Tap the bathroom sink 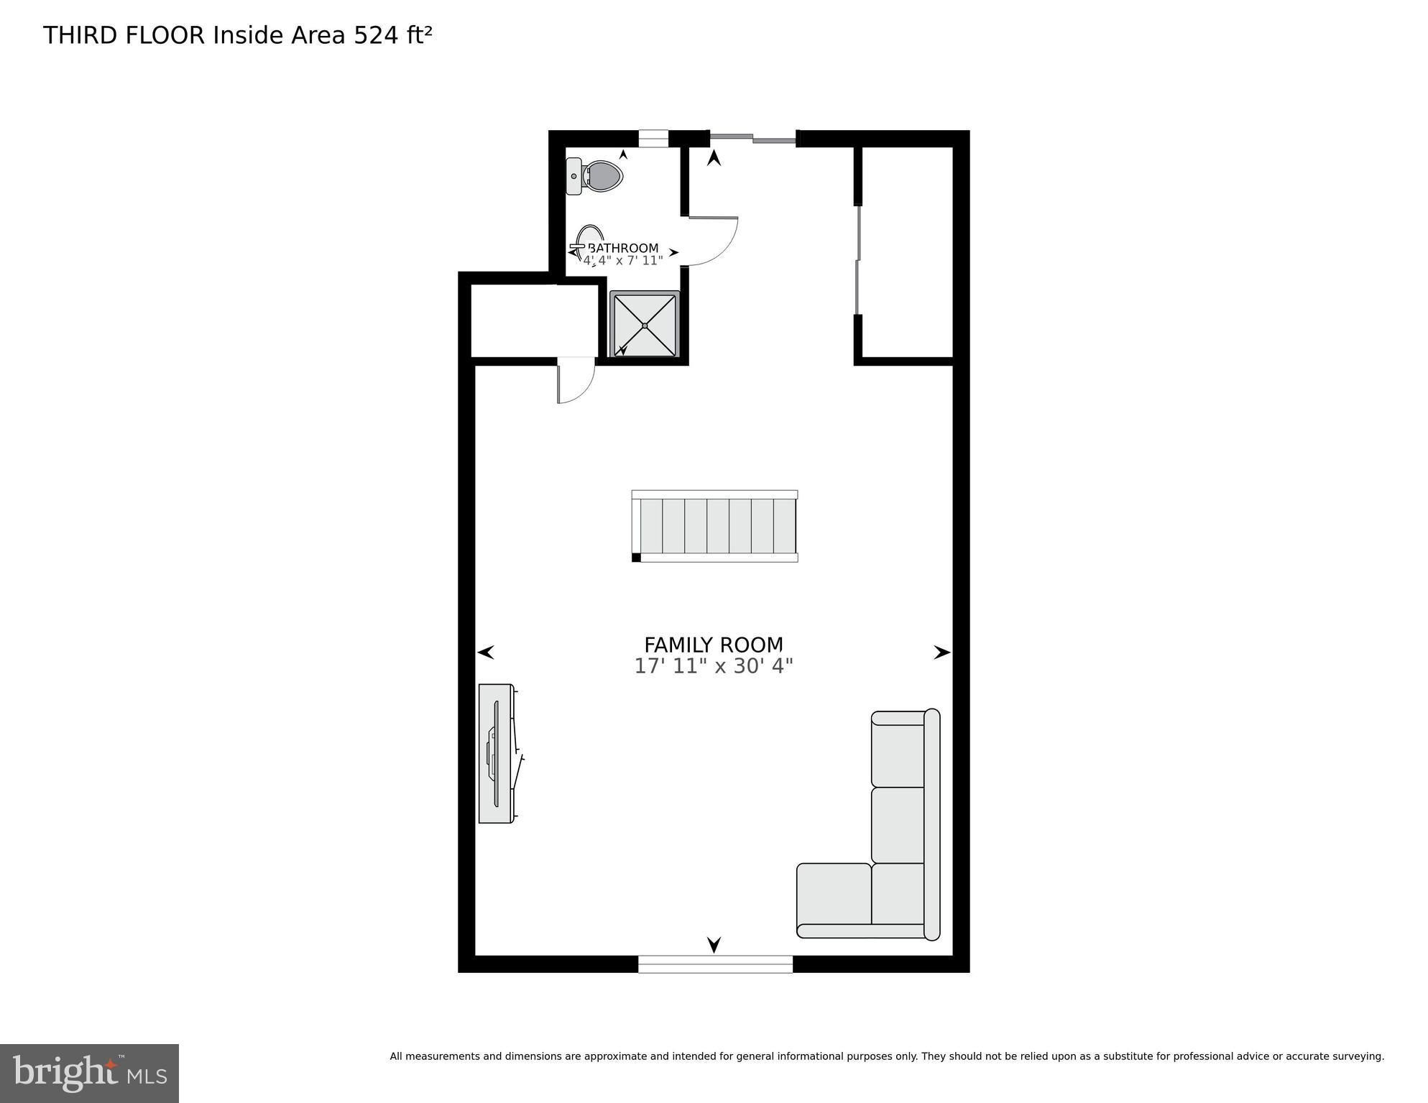(588, 242)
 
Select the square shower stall (645, 324)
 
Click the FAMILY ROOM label (713, 645)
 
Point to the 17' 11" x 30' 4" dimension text (713, 666)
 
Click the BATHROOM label (623, 249)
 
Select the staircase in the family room (715, 526)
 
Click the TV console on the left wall (497, 753)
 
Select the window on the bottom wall (715, 964)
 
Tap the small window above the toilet (653, 138)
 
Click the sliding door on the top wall (752, 138)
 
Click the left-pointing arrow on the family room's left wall (487, 652)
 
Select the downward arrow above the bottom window (714, 944)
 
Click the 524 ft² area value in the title (392, 35)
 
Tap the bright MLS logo (89, 1073)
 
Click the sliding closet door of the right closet (857, 260)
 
